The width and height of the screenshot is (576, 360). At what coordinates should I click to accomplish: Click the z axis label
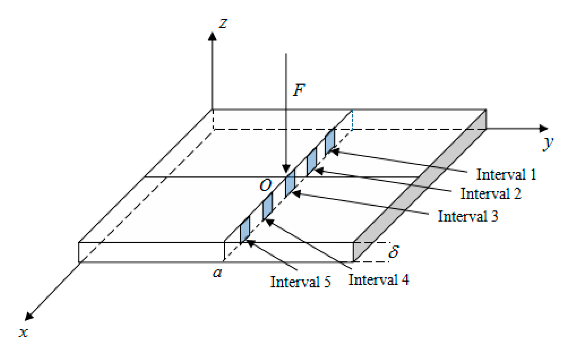pos(223,23)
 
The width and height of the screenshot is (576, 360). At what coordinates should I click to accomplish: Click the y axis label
pos(548,143)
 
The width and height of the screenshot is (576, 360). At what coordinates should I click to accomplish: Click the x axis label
pos(23,332)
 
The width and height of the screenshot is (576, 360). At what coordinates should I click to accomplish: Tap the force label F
pos(299,90)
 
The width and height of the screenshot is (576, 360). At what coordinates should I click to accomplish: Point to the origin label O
pos(265,185)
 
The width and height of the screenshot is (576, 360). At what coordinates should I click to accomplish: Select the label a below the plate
pos(217,273)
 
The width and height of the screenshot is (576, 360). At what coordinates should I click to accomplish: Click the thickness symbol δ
pos(394,251)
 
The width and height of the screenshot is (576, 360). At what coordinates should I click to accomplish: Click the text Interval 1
pos(506,174)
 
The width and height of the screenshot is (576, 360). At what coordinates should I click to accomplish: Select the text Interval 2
pos(491,193)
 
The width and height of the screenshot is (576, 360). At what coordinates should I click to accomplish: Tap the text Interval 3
pos(468,216)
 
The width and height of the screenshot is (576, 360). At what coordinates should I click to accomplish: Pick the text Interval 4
pos(379,279)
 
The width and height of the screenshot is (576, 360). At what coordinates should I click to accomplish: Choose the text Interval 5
pos(300,282)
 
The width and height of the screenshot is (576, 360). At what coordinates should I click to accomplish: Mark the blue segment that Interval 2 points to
pos(312,161)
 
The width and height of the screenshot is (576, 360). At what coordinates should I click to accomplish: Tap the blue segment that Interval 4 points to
pos(267,206)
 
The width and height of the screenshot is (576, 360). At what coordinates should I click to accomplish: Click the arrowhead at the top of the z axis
pos(212,36)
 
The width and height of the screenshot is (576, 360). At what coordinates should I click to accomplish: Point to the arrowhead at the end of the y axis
pos(543,129)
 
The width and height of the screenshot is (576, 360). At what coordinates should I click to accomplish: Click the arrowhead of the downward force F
pos(286,169)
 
